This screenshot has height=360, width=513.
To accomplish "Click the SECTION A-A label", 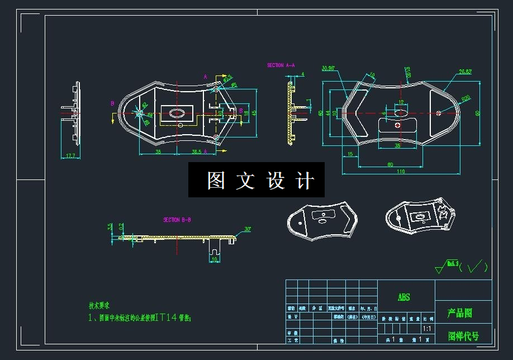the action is click(281, 65).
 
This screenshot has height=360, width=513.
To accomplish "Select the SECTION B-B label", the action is click(177, 220).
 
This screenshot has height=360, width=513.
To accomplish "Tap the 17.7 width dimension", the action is click(70, 156).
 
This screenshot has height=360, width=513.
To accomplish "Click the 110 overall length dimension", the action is click(401, 172).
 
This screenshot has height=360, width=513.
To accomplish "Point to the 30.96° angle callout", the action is click(328, 69).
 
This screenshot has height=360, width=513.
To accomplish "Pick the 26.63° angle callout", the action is click(465, 72).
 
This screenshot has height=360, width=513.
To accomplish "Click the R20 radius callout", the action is click(465, 98).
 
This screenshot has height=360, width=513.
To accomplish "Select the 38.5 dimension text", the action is click(197, 151).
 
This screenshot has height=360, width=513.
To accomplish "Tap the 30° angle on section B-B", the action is click(248, 229).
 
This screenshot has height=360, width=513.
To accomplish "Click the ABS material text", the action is click(403, 297).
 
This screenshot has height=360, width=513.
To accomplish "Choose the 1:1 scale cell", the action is click(427, 329).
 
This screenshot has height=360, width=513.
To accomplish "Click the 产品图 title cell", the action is click(460, 313).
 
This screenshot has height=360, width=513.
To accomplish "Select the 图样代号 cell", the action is click(463, 336).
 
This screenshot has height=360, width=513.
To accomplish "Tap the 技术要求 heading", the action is click(99, 306).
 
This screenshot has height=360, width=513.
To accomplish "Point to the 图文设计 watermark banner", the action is click(256, 180).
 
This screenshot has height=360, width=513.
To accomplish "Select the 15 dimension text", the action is click(350, 154).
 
